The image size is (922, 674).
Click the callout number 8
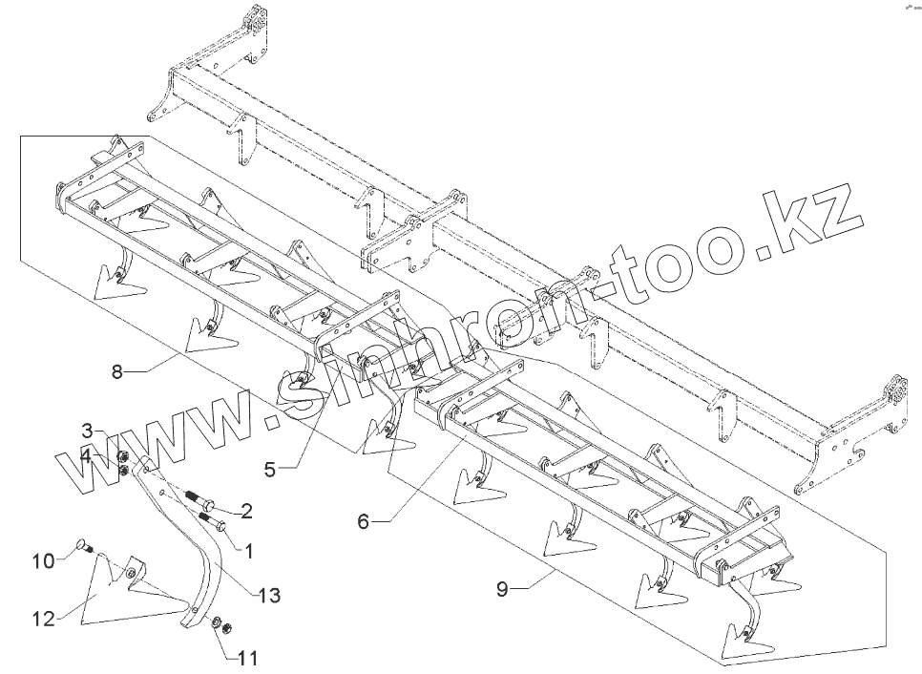tap(117, 372)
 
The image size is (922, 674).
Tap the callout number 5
tap(270, 469)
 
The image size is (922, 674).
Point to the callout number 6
tap(364, 521)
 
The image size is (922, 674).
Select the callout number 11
tap(247, 659)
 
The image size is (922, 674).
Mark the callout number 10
tap(44, 560)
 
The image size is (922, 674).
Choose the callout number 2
tap(246, 513)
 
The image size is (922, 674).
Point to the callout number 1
tap(249, 551)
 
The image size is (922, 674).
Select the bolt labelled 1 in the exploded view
tap(212, 521)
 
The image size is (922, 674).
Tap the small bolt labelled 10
tap(82, 548)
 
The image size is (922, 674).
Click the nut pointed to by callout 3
tap(124, 456)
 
